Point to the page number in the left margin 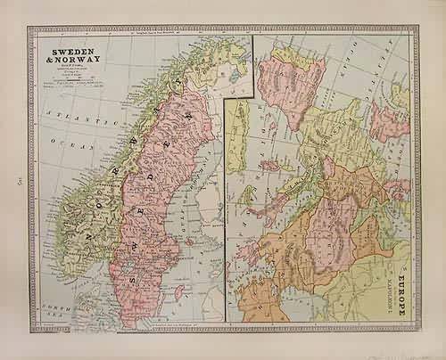[x=17, y=182]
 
